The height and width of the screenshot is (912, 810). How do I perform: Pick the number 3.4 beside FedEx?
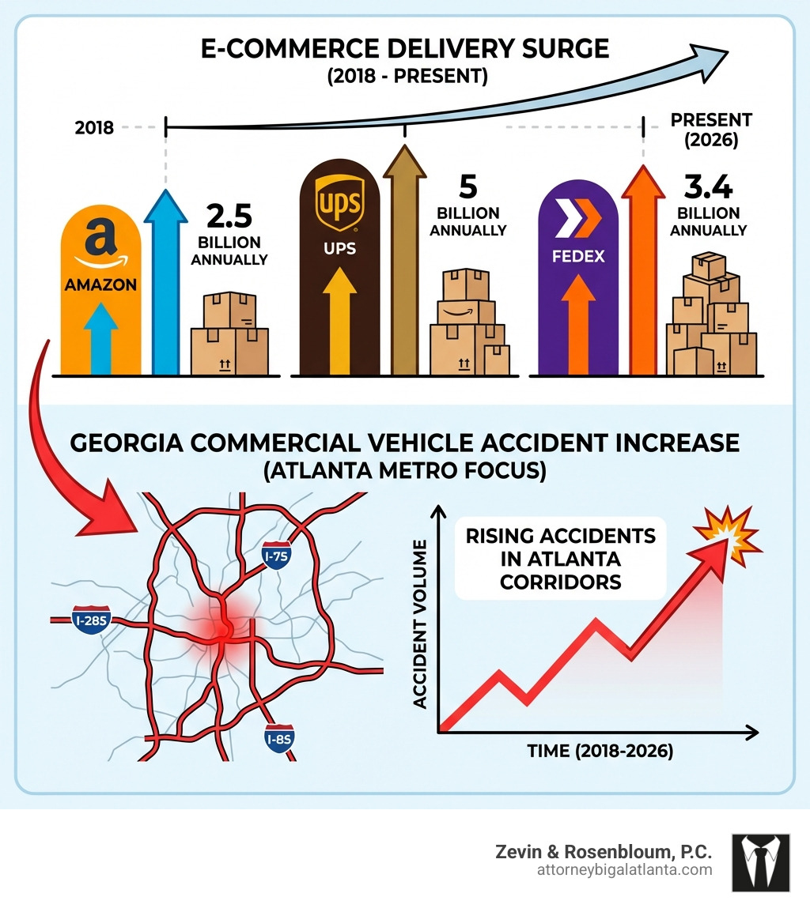[710, 187]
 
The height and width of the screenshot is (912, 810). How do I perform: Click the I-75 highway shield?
[276, 556]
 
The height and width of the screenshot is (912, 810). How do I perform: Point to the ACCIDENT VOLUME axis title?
[420, 624]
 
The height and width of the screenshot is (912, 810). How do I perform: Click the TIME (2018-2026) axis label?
[600, 752]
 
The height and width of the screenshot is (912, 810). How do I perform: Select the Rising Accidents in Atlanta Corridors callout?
[560, 559]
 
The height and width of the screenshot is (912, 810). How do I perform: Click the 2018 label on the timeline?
[94, 127]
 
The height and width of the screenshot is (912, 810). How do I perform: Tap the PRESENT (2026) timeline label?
[710, 130]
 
